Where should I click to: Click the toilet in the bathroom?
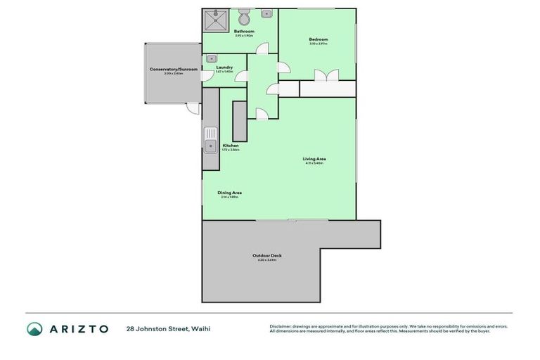click(244, 18)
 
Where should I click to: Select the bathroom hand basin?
click(267, 13)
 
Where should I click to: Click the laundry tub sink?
click(211, 59)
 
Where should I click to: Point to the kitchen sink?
click(210, 140)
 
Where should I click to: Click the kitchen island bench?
click(239, 121)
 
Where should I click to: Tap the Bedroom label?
click(318, 39)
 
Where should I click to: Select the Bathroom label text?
click(244, 32)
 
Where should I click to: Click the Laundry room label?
click(224, 67)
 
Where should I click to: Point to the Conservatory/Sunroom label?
click(173, 69)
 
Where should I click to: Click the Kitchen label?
click(231, 146)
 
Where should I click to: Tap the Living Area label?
click(314, 159)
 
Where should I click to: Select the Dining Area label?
click(229, 193)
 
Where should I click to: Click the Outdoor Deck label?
click(266, 255)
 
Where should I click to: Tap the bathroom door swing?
click(262, 49)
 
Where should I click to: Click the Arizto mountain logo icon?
click(34, 328)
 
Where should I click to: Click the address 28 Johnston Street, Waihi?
click(168, 328)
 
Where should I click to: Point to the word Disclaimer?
click(282, 326)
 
